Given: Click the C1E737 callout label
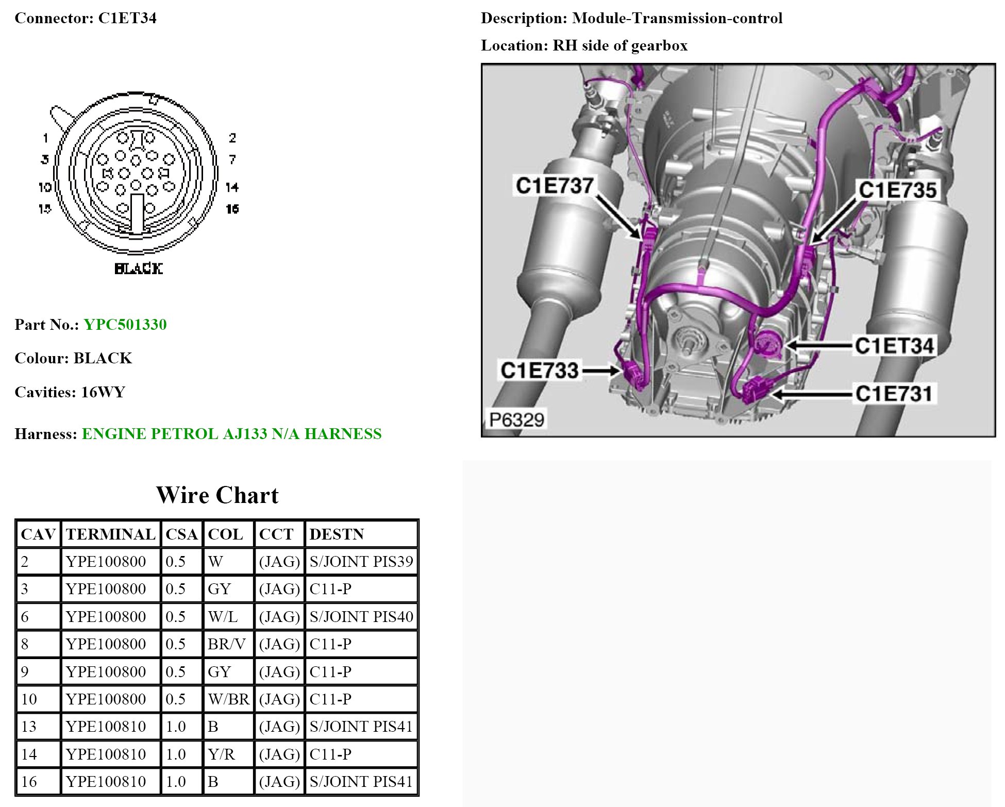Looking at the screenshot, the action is [x=555, y=186].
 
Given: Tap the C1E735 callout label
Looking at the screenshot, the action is [x=897, y=190].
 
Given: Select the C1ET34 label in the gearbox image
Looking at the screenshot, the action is [x=894, y=346].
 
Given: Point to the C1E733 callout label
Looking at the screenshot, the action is [x=540, y=371].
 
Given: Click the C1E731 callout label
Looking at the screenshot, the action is [x=894, y=394].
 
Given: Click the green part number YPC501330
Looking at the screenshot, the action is [x=125, y=325].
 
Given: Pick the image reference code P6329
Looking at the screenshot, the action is [x=516, y=420].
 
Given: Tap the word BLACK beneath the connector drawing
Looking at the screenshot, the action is [x=139, y=268].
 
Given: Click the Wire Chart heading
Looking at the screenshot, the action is [x=217, y=495].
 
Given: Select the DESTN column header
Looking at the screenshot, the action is [x=337, y=534].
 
